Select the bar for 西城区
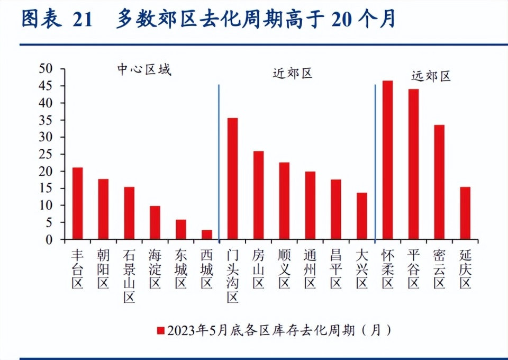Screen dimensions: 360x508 207,235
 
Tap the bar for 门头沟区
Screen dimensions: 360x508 232,179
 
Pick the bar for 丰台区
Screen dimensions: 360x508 77,203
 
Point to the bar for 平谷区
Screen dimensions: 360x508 413,164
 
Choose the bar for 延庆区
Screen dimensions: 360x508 465,213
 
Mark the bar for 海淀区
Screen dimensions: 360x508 155,223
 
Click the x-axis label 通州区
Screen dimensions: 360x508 310,269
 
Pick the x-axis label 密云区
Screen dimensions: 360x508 439,269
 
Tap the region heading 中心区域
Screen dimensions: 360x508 144,70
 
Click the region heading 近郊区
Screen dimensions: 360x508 293,74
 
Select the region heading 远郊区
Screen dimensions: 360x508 431,76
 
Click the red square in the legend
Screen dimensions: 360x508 161,330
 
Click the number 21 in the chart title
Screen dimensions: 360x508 82,20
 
